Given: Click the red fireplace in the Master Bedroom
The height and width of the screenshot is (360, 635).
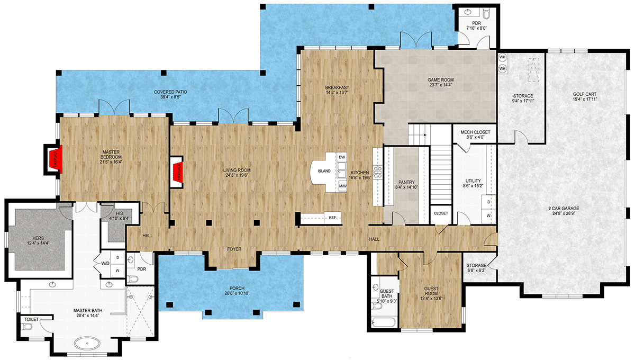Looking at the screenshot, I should [53, 160].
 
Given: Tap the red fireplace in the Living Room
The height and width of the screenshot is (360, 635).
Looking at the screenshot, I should [178, 172].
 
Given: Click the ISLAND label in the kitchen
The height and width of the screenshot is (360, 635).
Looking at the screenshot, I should [324, 171].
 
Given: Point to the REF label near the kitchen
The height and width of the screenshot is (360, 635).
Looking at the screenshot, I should [332, 218].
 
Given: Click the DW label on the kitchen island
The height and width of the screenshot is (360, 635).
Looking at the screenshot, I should [341, 158].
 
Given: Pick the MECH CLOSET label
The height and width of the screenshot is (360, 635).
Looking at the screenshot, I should [475, 132].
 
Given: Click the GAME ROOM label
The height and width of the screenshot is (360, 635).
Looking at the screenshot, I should [441, 80].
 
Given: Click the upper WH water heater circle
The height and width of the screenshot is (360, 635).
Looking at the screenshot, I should [503, 57].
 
